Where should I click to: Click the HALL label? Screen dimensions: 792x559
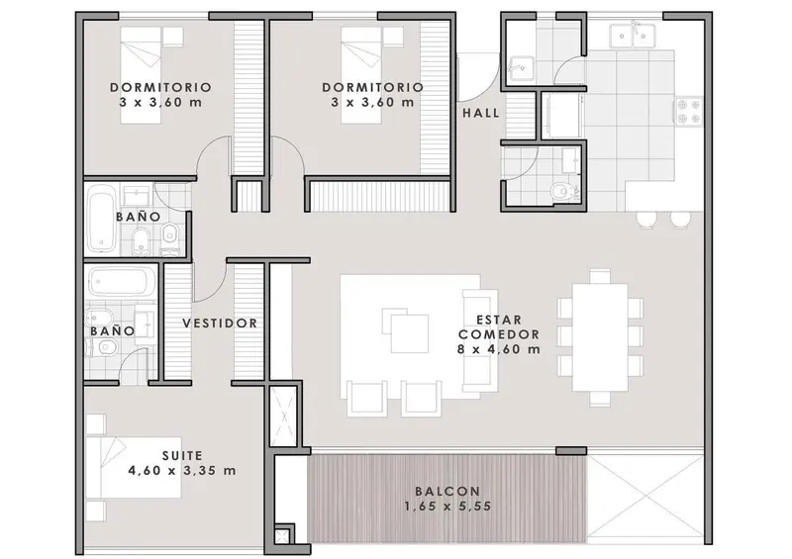tap(481, 113)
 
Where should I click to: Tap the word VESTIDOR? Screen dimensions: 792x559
tap(220, 324)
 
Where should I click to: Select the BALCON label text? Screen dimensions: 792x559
tap(448, 491)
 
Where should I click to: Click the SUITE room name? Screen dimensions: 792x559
tap(182, 456)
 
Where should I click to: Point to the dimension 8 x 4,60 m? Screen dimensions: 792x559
tap(499, 349)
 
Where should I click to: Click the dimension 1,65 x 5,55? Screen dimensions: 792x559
tap(448, 506)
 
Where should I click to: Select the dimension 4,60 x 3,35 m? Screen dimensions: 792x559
tap(182, 471)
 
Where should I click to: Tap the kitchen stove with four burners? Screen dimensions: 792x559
tap(689, 112)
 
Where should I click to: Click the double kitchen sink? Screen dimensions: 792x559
tap(633, 35)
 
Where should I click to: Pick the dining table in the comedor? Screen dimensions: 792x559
tap(600, 336)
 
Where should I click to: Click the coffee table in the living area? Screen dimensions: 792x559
tap(406, 330)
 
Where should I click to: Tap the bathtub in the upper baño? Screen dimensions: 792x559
tap(102, 220)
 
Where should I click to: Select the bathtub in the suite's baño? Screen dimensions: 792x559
tap(122, 281)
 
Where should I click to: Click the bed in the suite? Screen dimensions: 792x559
tap(134, 468)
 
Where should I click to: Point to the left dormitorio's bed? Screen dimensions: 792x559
tap(141, 75)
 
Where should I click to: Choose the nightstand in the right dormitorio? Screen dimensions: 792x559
tap(393, 37)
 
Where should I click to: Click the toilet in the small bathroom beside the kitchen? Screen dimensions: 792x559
tap(559, 191)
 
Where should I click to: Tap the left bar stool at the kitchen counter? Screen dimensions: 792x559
tap(646, 220)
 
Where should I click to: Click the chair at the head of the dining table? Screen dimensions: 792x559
tap(600, 276)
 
